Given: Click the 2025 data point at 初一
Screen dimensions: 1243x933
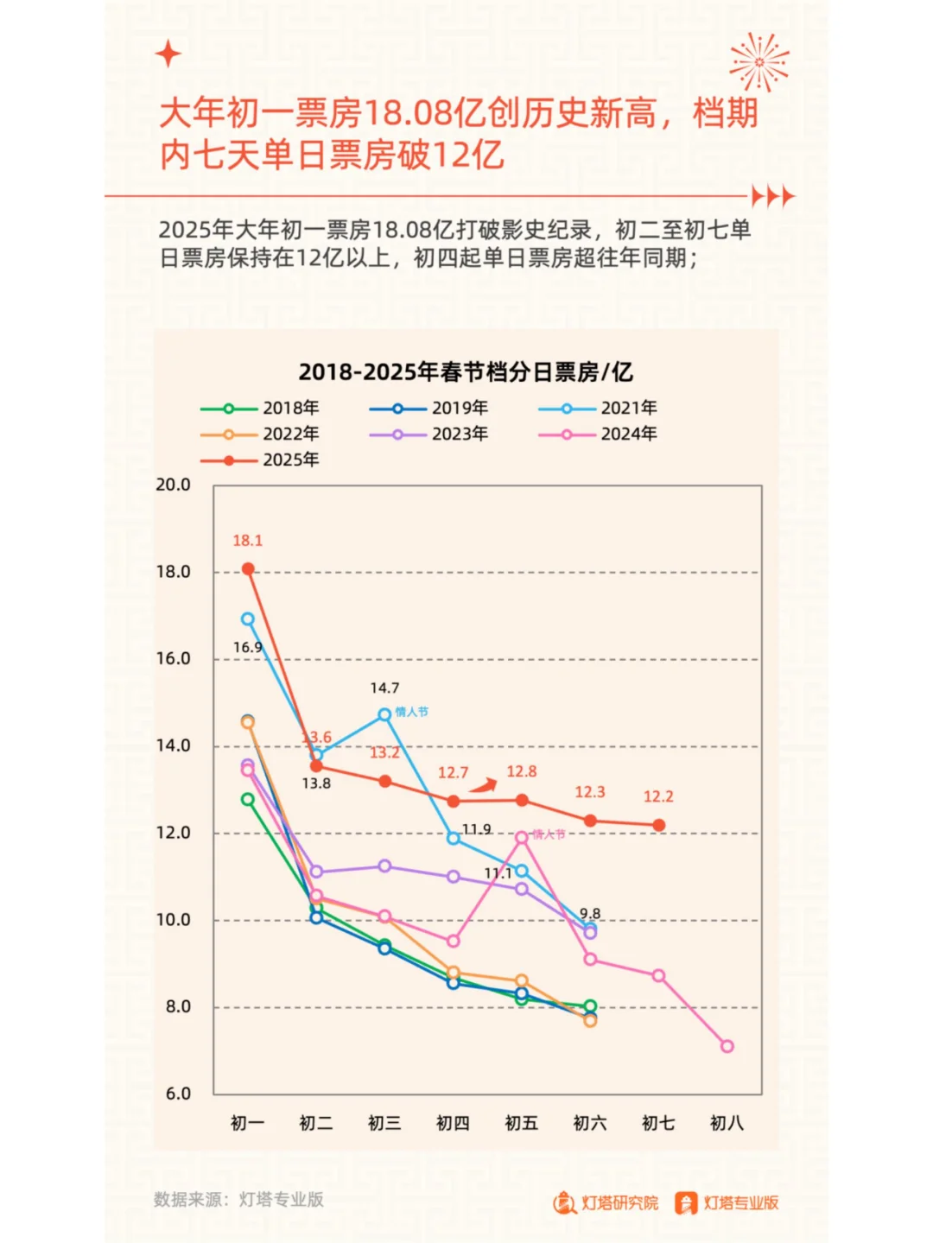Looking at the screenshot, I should (248, 569).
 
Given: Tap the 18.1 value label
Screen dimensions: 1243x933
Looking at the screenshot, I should (247, 541).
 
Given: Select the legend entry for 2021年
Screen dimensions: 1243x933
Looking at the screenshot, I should (598, 408).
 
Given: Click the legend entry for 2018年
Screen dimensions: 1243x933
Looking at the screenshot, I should (260, 408).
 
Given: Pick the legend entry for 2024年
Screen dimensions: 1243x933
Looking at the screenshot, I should (598, 434).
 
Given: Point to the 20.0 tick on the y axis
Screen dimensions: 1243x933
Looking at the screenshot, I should (173, 485).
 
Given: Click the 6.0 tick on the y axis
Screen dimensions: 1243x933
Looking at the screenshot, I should (178, 1094).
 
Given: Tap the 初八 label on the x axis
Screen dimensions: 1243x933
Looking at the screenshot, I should (727, 1123).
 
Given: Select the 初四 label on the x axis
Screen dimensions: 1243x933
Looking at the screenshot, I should (453, 1123).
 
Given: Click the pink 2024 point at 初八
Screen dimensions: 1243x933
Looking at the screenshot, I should (727, 1046).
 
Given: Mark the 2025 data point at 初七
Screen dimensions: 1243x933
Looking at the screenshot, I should (659, 826).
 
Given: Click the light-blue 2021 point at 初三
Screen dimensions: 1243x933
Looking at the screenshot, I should (384, 714).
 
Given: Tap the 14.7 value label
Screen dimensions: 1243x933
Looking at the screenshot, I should (384, 688).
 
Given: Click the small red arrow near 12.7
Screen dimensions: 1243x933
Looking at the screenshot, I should (484, 785).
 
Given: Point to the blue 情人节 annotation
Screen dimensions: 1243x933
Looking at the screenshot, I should (411, 712).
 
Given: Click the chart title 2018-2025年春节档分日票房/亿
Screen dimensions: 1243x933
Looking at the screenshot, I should (466, 372).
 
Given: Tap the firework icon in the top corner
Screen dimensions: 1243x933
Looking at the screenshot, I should (758, 62).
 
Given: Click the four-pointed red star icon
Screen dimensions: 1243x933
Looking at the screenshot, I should (168, 54).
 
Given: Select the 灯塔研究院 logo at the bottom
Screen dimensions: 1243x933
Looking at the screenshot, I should (606, 1202).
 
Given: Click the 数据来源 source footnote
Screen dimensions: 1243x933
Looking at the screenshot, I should (238, 1199).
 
